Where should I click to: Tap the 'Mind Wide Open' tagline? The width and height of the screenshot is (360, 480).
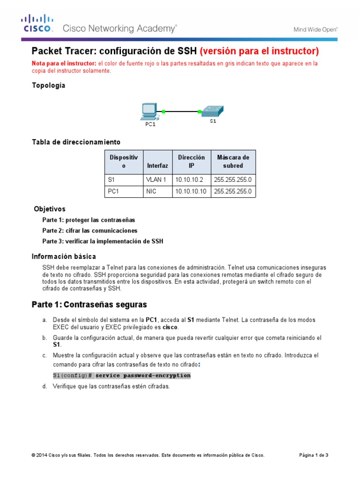tap(315, 29)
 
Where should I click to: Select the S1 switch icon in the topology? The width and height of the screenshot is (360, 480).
tap(212, 111)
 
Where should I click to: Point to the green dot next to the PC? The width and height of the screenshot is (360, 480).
tap(164, 112)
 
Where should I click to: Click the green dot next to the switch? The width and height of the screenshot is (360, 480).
tap(200, 112)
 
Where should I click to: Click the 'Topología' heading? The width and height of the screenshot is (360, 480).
tap(48, 85)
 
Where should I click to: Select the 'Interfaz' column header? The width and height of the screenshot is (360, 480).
tap(157, 165)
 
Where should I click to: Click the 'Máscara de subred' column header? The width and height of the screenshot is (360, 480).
tap(233, 161)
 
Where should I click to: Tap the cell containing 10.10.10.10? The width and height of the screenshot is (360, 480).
tap(190, 192)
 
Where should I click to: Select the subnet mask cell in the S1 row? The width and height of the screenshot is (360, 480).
tap(233, 180)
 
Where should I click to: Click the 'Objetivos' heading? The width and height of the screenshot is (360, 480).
tap(50, 209)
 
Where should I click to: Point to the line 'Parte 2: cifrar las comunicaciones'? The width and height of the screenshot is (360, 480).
tap(90, 231)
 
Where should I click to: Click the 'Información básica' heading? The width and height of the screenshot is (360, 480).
tap(64, 256)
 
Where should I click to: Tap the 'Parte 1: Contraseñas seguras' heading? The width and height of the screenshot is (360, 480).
tap(89, 304)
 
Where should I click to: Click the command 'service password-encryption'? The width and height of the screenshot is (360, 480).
tap(143, 375)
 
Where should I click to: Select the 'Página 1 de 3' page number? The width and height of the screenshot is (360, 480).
tap(314, 455)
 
